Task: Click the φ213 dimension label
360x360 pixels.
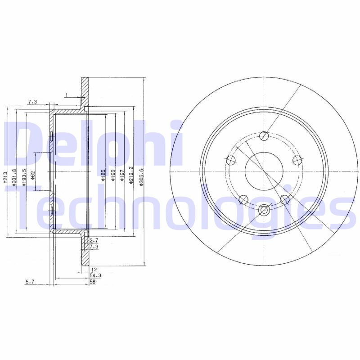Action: pyautogui.click(x=5, y=177)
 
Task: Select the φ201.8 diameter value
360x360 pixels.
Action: pyautogui.click(x=14, y=175)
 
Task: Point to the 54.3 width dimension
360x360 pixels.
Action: pyautogui.click(x=94, y=274)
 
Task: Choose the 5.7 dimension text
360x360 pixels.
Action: pyautogui.click(x=30, y=282)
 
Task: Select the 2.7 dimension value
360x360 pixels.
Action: pyautogui.click(x=94, y=241)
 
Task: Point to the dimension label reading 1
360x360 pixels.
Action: pyautogui.click(x=66, y=94)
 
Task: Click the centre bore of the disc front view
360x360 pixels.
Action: pyautogui.click(x=264, y=171)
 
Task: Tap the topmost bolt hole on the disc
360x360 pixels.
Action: pyautogui.click(x=264, y=135)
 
